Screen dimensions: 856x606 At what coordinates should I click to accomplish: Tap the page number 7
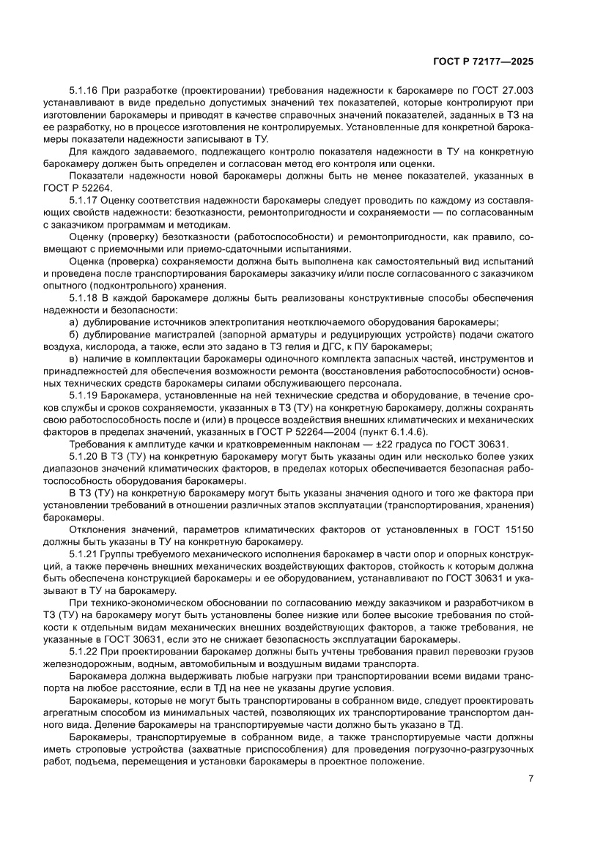coord(530,778)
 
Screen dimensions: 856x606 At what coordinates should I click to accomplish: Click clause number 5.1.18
coord(84,299)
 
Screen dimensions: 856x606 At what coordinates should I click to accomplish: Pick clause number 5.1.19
coord(84,395)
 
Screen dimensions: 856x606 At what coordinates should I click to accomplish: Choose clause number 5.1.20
coord(84,455)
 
